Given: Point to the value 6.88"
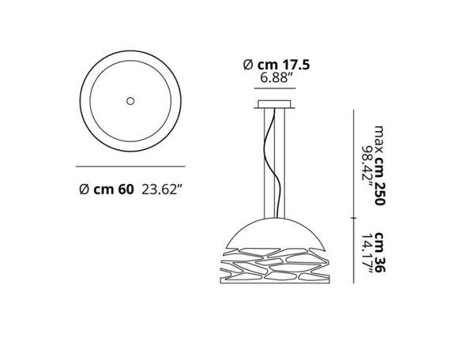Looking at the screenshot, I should coord(276,80).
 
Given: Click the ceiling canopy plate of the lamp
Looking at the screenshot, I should coord(276,106).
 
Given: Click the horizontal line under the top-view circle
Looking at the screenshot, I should coord(130,167).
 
